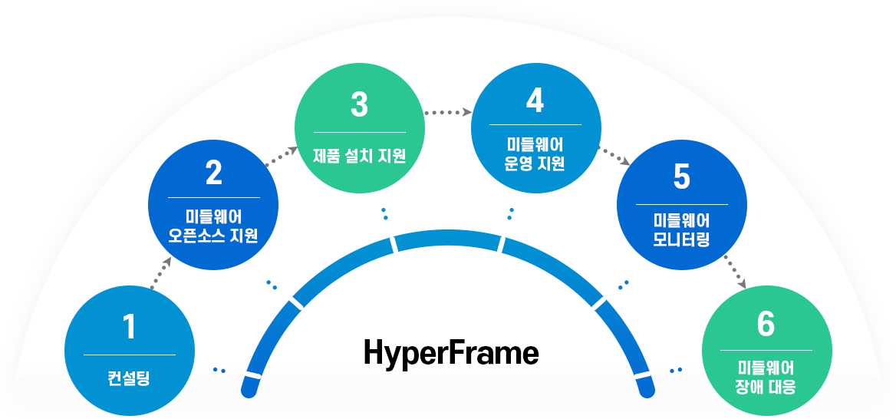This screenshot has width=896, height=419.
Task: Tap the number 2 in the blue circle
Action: [213, 173]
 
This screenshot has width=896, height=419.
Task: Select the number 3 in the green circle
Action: [359, 105]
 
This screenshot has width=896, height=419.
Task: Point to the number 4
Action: [535, 100]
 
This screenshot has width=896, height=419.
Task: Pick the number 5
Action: [681, 177]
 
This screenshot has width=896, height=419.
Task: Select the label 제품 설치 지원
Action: [359, 156]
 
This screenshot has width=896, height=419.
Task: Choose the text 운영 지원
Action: [535, 163]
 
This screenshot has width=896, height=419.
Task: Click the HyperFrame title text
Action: [451, 354]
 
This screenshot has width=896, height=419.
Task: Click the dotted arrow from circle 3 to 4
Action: [446, 112]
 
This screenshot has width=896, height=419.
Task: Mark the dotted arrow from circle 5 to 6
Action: [734, 272]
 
